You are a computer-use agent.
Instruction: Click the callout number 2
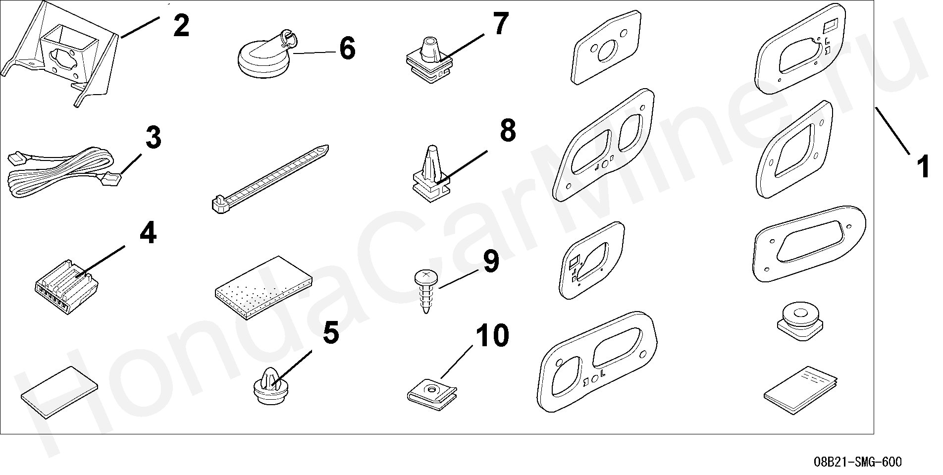click(181, 26)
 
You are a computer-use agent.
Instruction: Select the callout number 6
click(347, 50)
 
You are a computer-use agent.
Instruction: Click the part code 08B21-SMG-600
click(858, 462)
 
